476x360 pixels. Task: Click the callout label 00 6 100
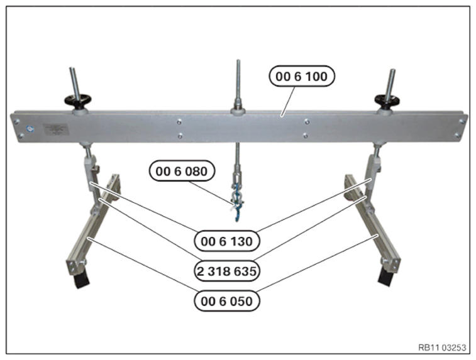(x=302, y=76)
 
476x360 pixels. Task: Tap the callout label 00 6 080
(x=182, y=171)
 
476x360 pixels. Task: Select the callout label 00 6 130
(x=227, y=241)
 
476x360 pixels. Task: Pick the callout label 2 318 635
(x=227, y=271)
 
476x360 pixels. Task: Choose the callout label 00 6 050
(x=227, y=301)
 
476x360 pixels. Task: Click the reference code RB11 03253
(x=442, y=347)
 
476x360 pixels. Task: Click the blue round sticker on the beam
(x=30, y=129)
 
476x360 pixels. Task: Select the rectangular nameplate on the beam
(x=56, y=129)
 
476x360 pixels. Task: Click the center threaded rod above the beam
(x=238, y=82)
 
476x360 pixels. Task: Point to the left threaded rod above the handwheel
(x=74, y=82)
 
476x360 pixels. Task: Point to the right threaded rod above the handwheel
(x=390, y=82)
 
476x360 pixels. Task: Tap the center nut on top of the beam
(x=238, y=109)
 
